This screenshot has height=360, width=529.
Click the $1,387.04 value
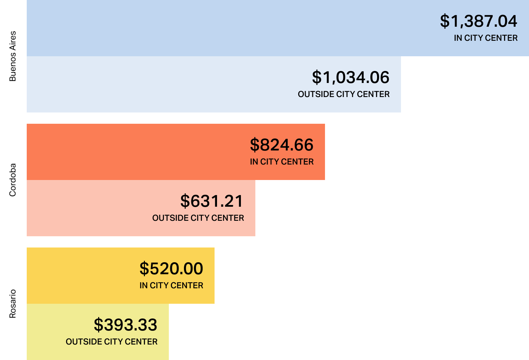click(x=478, y=21)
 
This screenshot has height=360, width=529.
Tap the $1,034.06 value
click(x=351, y=77)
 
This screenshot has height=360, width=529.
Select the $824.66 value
click(x=281, y=145)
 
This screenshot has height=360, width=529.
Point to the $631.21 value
click(x=212, y=201)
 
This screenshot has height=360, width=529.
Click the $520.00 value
click(x=171, y=269)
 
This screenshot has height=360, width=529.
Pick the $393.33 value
click(x=125, y=325)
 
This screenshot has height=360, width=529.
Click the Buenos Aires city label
click(x=13, y=56)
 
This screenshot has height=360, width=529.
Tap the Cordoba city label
click(x=13, y=180)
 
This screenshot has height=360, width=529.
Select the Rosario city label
click(x=13, y=304)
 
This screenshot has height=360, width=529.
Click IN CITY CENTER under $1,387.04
click(x=485, y=38)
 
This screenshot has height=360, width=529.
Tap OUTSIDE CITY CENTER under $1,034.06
click(x=344, y=94)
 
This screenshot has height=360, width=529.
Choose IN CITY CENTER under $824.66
click(x=281, y=162)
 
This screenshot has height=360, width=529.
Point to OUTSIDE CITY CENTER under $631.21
click(x=198, y=218)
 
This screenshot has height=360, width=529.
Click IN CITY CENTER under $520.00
click(x=171, y=285)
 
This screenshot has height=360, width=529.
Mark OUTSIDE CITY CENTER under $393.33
click(x=111, y=342)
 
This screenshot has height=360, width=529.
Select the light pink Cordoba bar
click(x=88, y=208)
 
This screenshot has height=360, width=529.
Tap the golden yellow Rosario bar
click(x=81, y=276)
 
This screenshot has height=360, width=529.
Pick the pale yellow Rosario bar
click(x=46, y=332)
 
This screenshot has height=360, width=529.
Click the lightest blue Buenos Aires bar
click(x=158, y=84)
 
